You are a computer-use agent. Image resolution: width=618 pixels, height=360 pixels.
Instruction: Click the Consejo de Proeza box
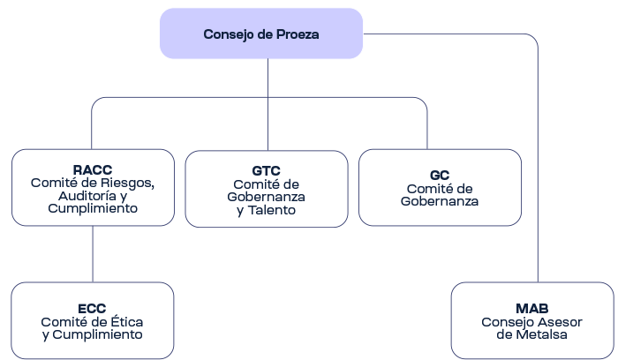point(261,34)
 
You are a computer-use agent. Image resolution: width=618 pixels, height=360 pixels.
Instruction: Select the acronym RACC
point(93,169)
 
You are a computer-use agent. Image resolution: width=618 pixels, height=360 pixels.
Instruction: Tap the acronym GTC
point(266,171)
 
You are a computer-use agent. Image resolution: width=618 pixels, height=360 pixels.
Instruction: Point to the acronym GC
point(440,176)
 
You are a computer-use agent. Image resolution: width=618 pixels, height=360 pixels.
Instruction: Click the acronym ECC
point(92,309)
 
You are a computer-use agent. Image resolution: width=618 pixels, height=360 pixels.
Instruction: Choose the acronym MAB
point(532,309)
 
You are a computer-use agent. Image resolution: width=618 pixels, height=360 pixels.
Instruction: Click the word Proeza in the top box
point(298,34)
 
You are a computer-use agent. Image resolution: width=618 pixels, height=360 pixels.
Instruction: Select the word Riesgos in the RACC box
point(127,184)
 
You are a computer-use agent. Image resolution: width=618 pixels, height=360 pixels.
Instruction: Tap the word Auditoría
point(87,196)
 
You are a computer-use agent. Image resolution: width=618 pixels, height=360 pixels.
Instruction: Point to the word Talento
point(272,210)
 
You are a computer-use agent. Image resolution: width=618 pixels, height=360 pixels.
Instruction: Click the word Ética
point(126,321)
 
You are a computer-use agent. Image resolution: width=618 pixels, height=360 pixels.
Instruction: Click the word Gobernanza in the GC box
point(440,201)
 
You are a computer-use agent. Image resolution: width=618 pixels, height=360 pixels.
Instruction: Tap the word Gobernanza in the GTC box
point(266,197)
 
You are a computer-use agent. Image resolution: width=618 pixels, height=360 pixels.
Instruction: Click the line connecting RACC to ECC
point(93,254)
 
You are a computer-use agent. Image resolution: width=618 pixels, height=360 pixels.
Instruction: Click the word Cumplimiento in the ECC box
point(97,334)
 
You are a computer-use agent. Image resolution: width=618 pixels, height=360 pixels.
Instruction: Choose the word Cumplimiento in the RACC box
point(93,208)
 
